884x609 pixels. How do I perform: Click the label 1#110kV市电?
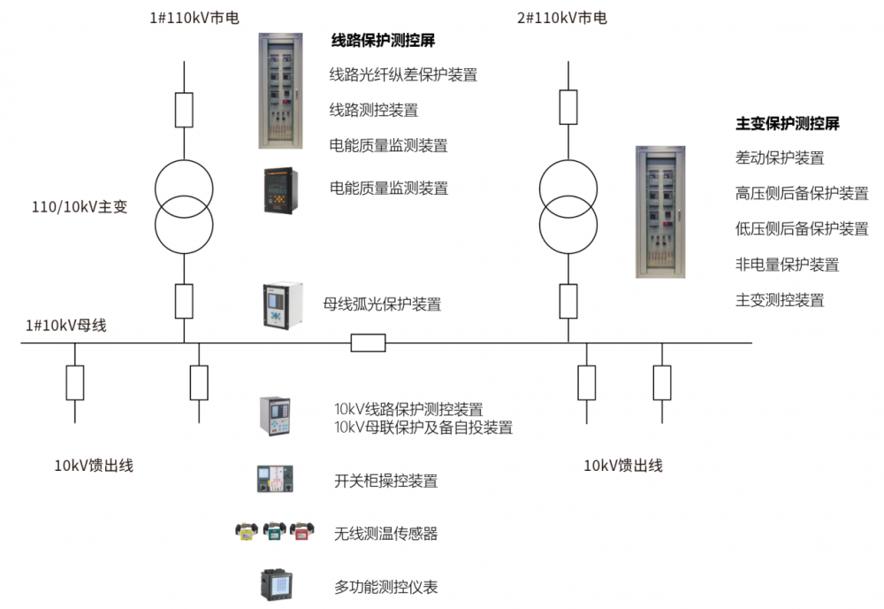[194, 18]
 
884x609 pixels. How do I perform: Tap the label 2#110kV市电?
[562, 18]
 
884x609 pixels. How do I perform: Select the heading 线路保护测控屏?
[383, 40]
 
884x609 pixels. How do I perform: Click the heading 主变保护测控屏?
[787, 124]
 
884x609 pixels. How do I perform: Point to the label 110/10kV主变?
[80, 206]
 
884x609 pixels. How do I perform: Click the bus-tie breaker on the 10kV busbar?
[368, 343]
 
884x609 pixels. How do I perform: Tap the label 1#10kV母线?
[66, 326]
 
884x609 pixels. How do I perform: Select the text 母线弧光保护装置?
[382, 304]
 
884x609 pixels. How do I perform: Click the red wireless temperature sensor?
[302, 531]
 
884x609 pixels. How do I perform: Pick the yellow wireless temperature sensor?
[247, 531]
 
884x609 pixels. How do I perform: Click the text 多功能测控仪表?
[386, 587]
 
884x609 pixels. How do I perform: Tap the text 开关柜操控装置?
[386, 481]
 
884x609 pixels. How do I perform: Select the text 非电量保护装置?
[787, 265]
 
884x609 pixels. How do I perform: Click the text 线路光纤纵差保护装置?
[404, 74]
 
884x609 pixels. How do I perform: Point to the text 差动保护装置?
[780, 158]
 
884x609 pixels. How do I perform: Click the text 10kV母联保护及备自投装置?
[423, 428]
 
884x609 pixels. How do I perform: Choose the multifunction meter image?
[277, 585]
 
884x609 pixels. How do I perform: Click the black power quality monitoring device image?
[281, 190]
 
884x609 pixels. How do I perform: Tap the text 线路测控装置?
[374, 110]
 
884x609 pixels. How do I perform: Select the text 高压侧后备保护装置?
[802, 194]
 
